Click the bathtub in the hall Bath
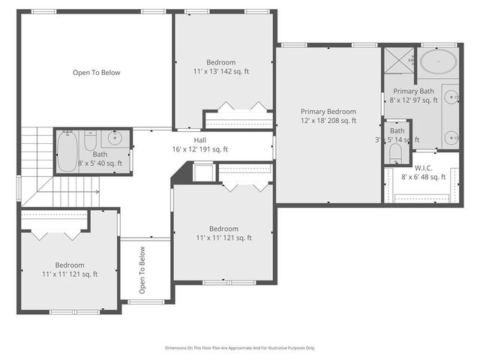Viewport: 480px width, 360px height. point(66,150)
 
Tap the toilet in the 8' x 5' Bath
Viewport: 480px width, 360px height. point(90,142)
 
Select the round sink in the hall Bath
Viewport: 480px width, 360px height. point(115,138)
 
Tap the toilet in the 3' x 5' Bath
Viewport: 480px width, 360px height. point(396,153)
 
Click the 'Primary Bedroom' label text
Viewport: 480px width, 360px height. point(328,111)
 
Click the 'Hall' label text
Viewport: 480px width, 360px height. point(199,140)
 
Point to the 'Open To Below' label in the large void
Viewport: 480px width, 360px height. point(96,73)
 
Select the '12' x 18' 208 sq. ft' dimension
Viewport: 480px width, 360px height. point(328,120)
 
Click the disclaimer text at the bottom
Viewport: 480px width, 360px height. point(240,348)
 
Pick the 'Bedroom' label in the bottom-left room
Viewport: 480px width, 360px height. point(69,265)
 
